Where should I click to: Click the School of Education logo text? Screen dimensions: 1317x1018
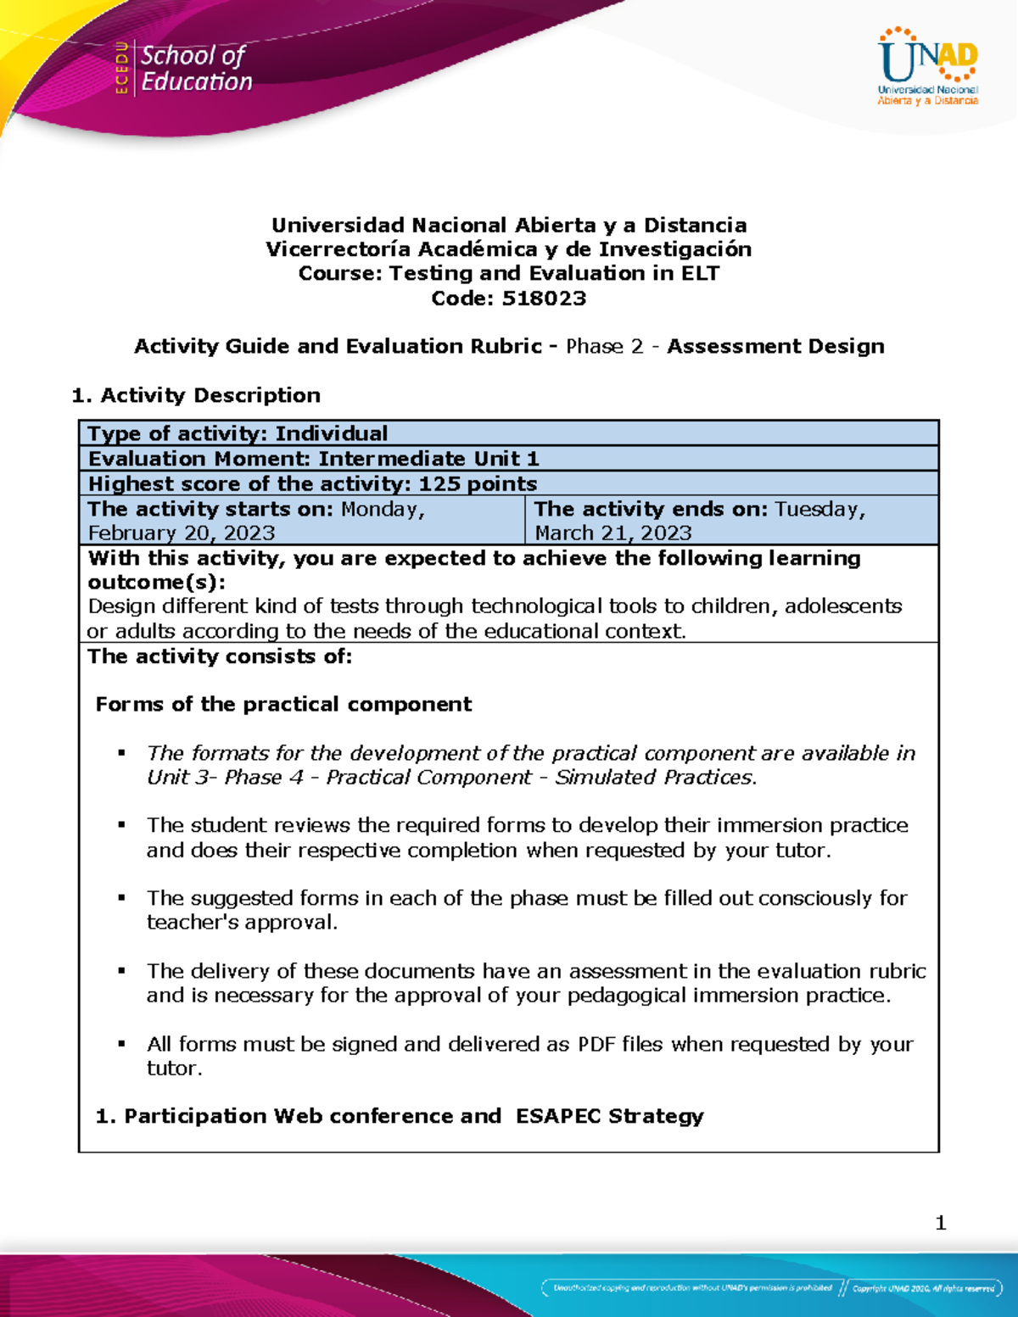[196, 69]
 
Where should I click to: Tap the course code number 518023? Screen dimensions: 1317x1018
[544, 299]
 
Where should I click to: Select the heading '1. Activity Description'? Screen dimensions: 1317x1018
[196, 395]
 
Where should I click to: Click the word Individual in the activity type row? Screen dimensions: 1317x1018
[331, 433]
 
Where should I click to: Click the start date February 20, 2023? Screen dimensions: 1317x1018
[182, 533]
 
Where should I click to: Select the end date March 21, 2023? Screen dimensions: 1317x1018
[613, 533]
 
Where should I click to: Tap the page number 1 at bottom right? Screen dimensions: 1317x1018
[940, 1222]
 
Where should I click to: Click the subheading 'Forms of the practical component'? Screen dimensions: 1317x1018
[283, 704]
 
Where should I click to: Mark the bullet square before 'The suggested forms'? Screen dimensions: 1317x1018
[122, 897]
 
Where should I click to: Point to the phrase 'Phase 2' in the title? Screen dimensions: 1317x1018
[605, 346]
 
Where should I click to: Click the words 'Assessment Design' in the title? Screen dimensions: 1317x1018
[775, 346]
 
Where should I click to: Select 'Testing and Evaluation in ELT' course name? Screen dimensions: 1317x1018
[554, 273]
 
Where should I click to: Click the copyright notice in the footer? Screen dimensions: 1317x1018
[923, 1288]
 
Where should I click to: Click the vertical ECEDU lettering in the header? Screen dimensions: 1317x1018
[122, 68]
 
